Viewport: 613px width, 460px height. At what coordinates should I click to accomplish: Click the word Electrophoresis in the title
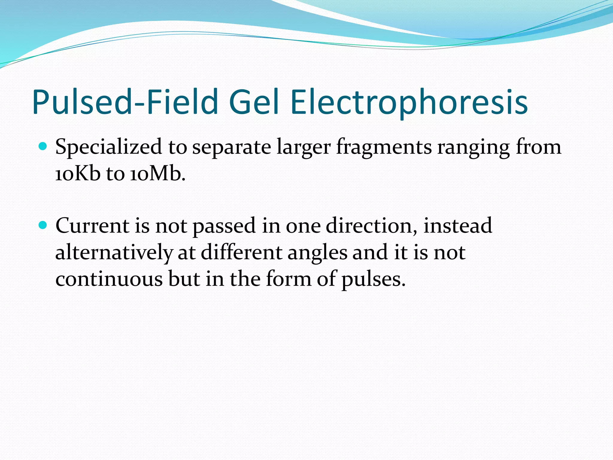(409, 102)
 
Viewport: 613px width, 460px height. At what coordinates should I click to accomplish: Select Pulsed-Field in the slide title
(125, 102)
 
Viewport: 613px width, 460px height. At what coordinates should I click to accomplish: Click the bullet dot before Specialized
(43, 146)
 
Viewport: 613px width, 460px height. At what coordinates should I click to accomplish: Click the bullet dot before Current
(43, 225)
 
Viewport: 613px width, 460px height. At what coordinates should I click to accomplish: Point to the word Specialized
(108, 147)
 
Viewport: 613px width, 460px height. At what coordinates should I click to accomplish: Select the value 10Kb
(78, 174)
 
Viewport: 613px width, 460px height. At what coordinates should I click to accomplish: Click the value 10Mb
(157, 174)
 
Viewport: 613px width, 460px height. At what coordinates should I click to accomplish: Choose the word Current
(92, 226)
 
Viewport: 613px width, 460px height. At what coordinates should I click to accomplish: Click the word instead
(458, 226)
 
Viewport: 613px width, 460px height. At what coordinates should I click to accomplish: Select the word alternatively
(114, 252)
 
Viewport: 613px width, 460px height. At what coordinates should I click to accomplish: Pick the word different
(242, 252)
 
